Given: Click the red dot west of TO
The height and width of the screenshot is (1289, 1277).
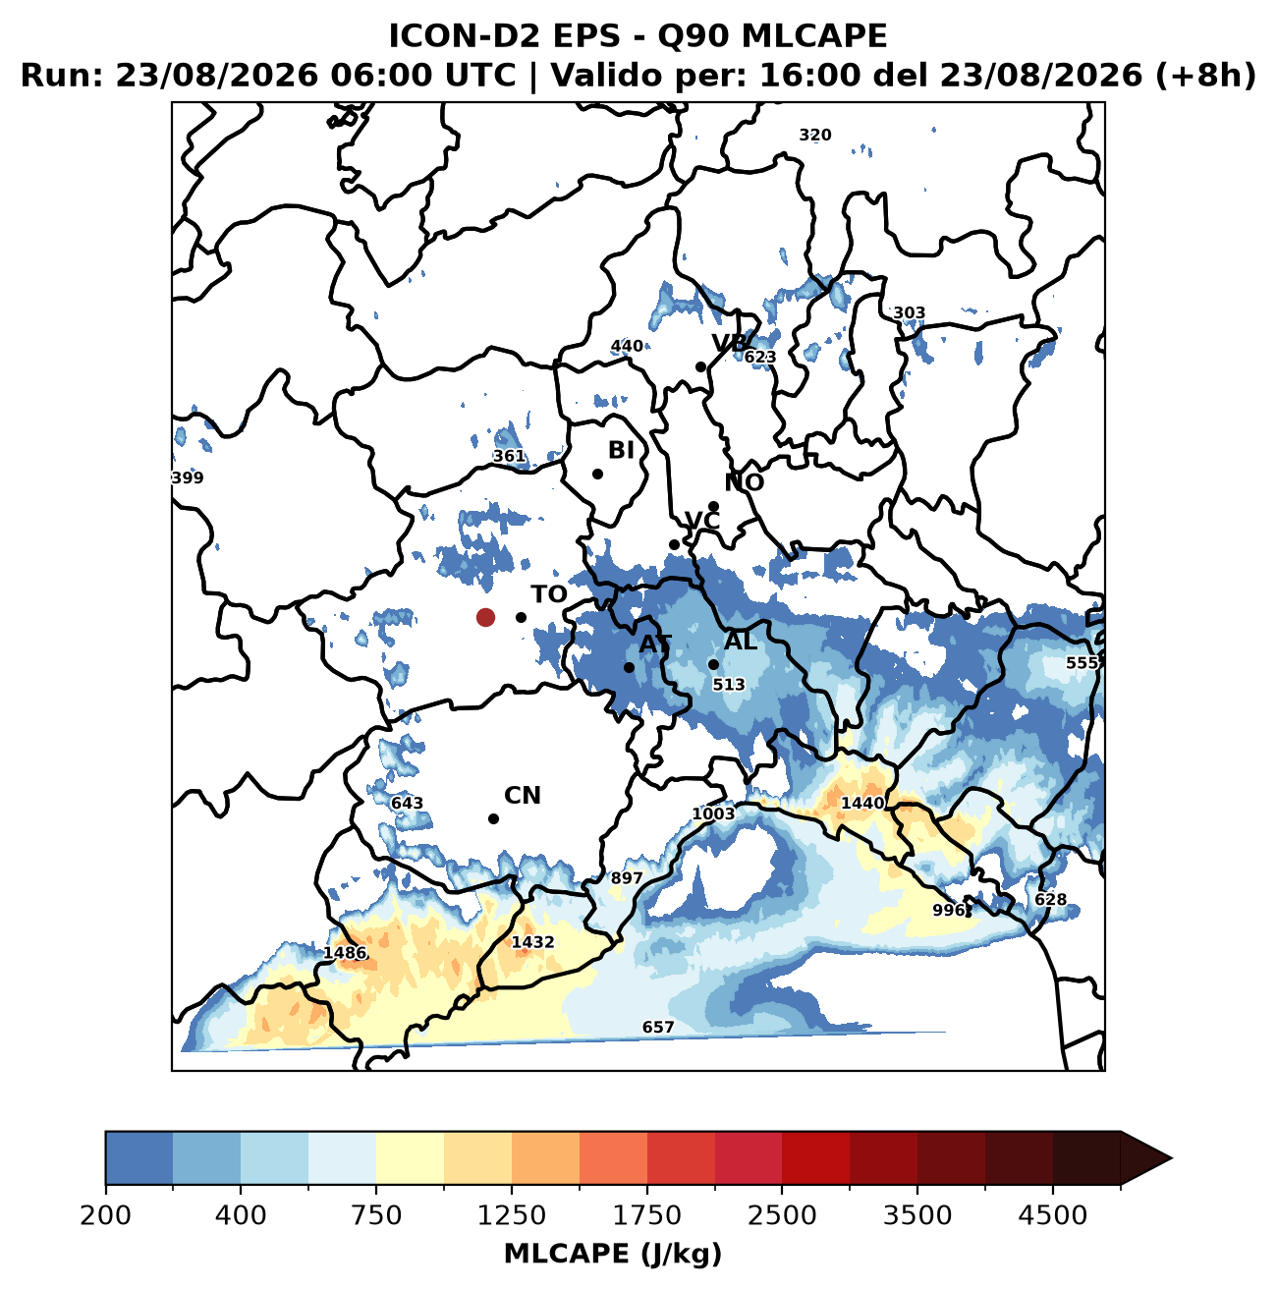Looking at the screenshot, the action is point(485,617).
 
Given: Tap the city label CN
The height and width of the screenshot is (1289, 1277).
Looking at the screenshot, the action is point(522,796).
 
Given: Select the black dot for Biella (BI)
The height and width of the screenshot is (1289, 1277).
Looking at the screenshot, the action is point(597,475).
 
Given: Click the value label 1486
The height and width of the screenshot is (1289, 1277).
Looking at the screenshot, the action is point(345,953).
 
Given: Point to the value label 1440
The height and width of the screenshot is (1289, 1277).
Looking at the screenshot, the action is point(862,804).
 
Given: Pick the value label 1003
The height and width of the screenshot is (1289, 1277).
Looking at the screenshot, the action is point(713,814).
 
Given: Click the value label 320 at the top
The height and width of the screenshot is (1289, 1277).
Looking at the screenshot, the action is point(814,136).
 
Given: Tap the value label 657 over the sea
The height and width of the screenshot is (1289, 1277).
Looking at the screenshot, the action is point(658,1027).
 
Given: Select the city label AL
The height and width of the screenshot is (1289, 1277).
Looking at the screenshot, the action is point(741,642).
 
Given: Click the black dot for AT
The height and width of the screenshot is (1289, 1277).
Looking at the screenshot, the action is point(629,667).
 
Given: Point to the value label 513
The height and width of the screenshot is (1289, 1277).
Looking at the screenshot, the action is point(729,685).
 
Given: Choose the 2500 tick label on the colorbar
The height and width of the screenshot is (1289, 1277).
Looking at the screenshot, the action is point(782,1215).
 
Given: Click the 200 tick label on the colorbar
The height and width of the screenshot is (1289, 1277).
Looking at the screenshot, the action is point(106,1215).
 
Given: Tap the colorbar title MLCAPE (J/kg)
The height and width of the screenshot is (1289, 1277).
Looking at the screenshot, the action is point(613,1254).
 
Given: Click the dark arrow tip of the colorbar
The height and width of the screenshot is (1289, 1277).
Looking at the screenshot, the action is point(1170,1158).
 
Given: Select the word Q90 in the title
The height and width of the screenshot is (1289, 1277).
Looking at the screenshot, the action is point(694,36).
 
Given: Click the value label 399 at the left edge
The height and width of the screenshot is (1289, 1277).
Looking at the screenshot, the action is point(188,477).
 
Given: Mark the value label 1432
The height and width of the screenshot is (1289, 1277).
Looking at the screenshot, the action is point(532,942).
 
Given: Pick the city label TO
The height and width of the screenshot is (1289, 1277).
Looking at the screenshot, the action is point(548,594).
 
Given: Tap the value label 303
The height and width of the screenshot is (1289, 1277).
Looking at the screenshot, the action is point(909,313).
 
